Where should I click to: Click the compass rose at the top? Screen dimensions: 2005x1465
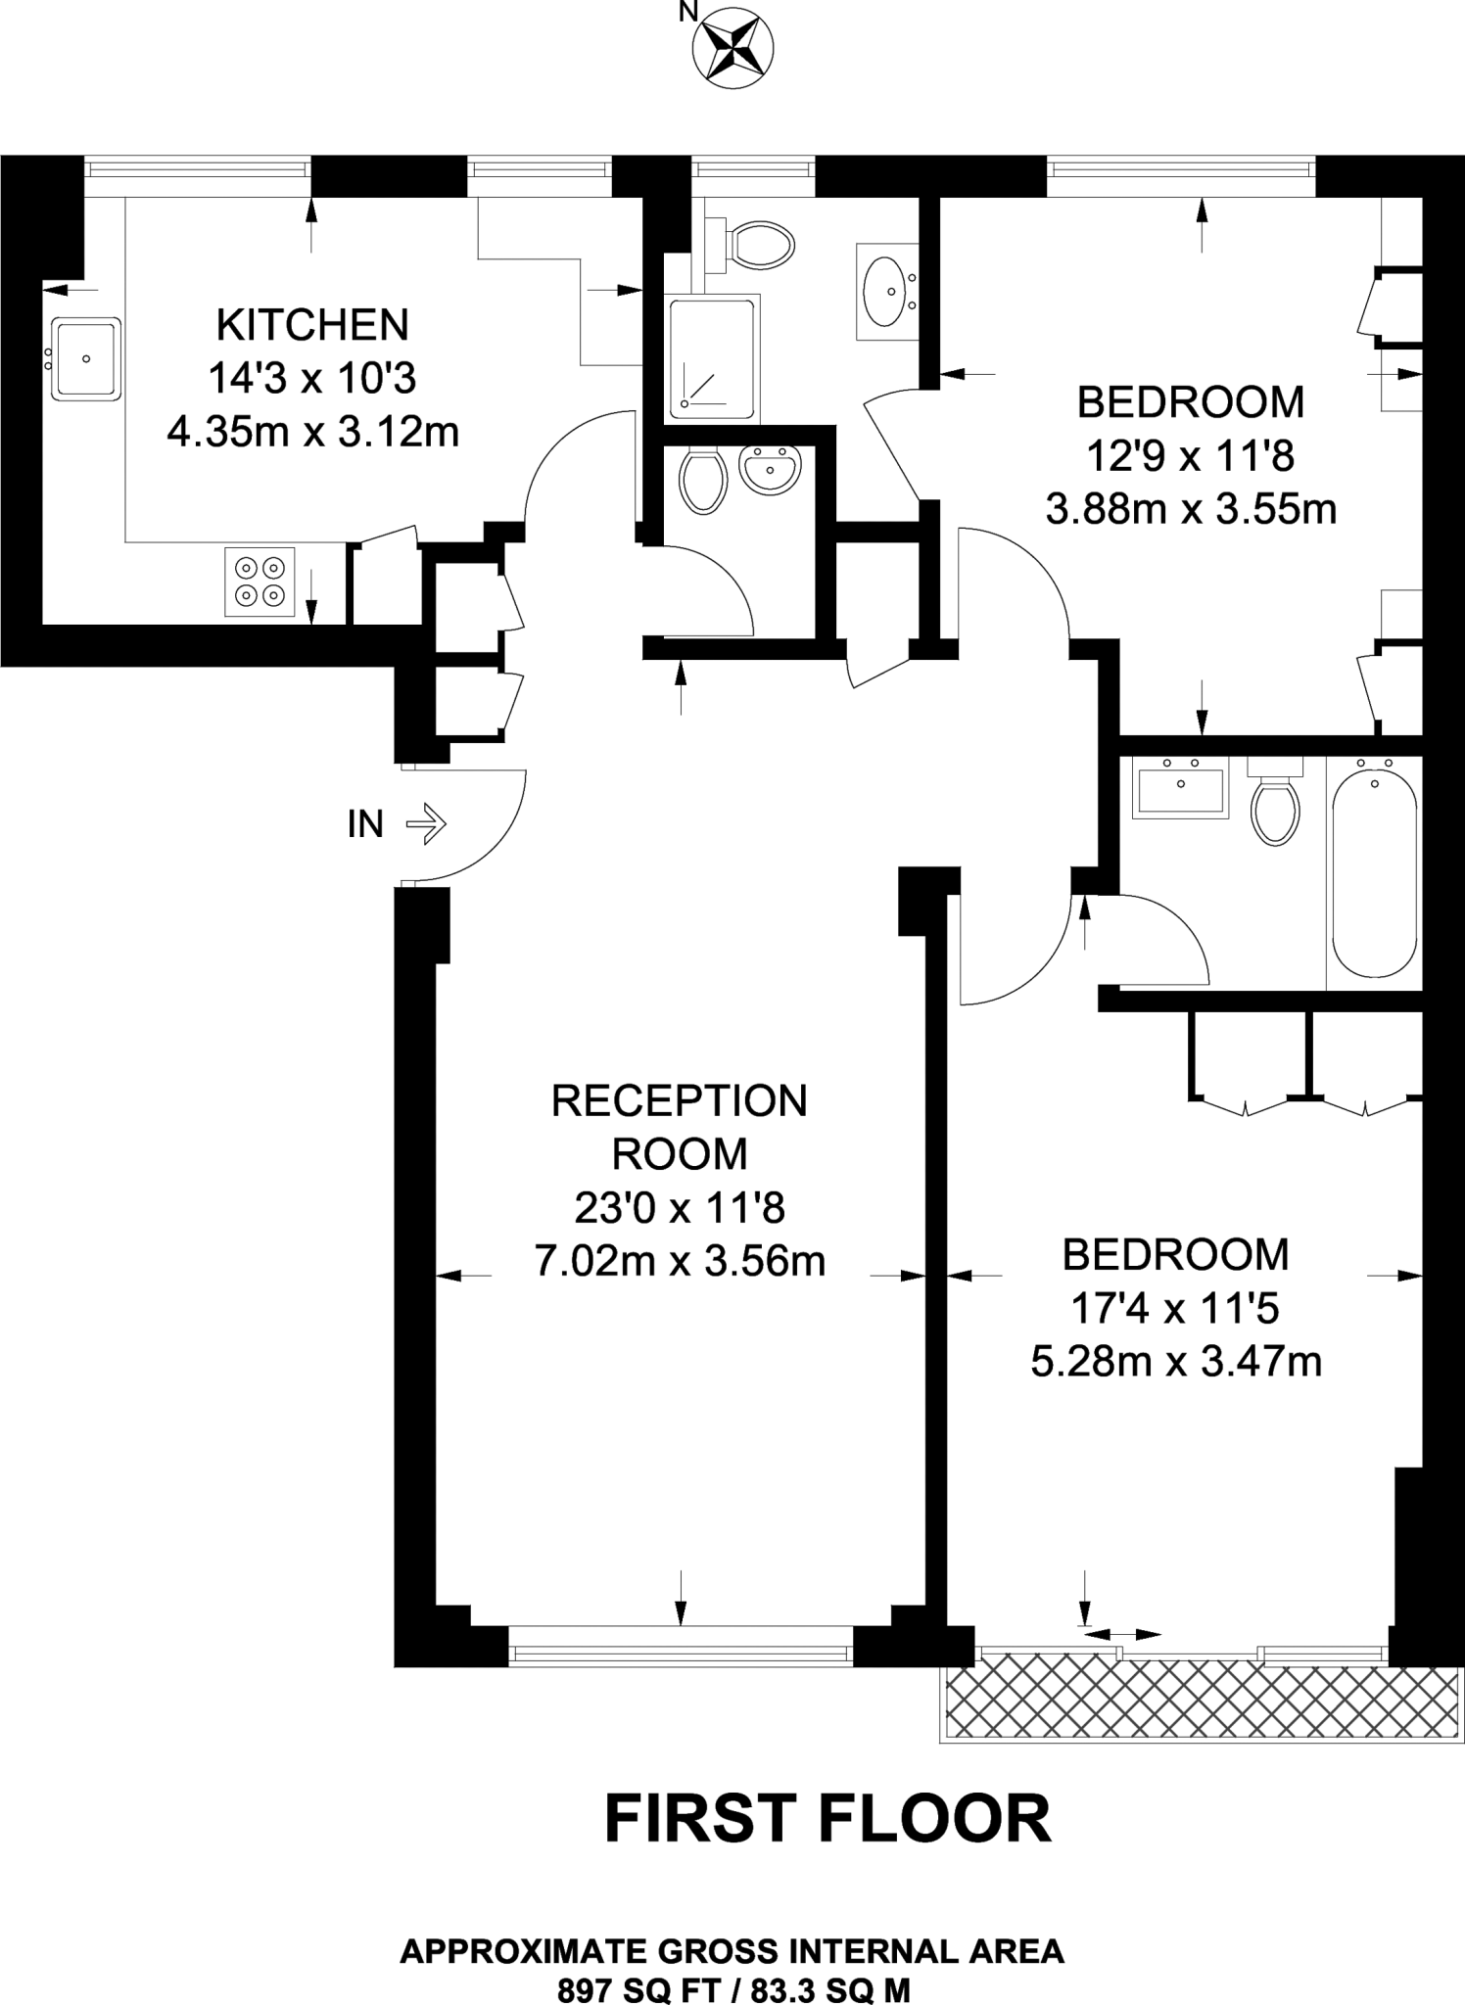click(x=732, y=47)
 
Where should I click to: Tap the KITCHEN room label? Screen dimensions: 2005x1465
click(x=312, y=325)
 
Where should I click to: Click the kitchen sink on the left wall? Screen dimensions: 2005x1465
click(x=87, y=358)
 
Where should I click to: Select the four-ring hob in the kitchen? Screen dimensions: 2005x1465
click(x=260, y=582)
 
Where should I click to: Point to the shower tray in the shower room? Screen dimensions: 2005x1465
click(x=712, y=358)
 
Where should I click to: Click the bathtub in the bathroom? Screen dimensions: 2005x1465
click(x=1374, y=871)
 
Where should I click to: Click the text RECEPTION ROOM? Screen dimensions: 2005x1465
click(x=680, y=1127)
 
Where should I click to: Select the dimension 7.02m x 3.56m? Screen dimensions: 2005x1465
click(x=680, y=1262)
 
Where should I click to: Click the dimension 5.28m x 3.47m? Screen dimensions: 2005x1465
click(x=1176, y=1362)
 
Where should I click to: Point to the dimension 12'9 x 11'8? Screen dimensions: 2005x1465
click(x=1191, y=455)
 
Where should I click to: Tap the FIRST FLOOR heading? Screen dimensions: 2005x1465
click(x=827, y=1819)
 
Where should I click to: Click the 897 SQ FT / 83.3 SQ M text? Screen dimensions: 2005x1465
click(x=733, y=1989)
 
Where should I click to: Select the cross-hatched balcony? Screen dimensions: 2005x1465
click(x=1200, y=1701)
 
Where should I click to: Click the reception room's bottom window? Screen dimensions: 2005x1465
click(x=681, y=1654)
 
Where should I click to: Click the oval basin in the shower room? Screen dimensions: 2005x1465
click(x=888, y=291)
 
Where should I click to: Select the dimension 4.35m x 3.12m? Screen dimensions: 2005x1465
click(x=312, y=432)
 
